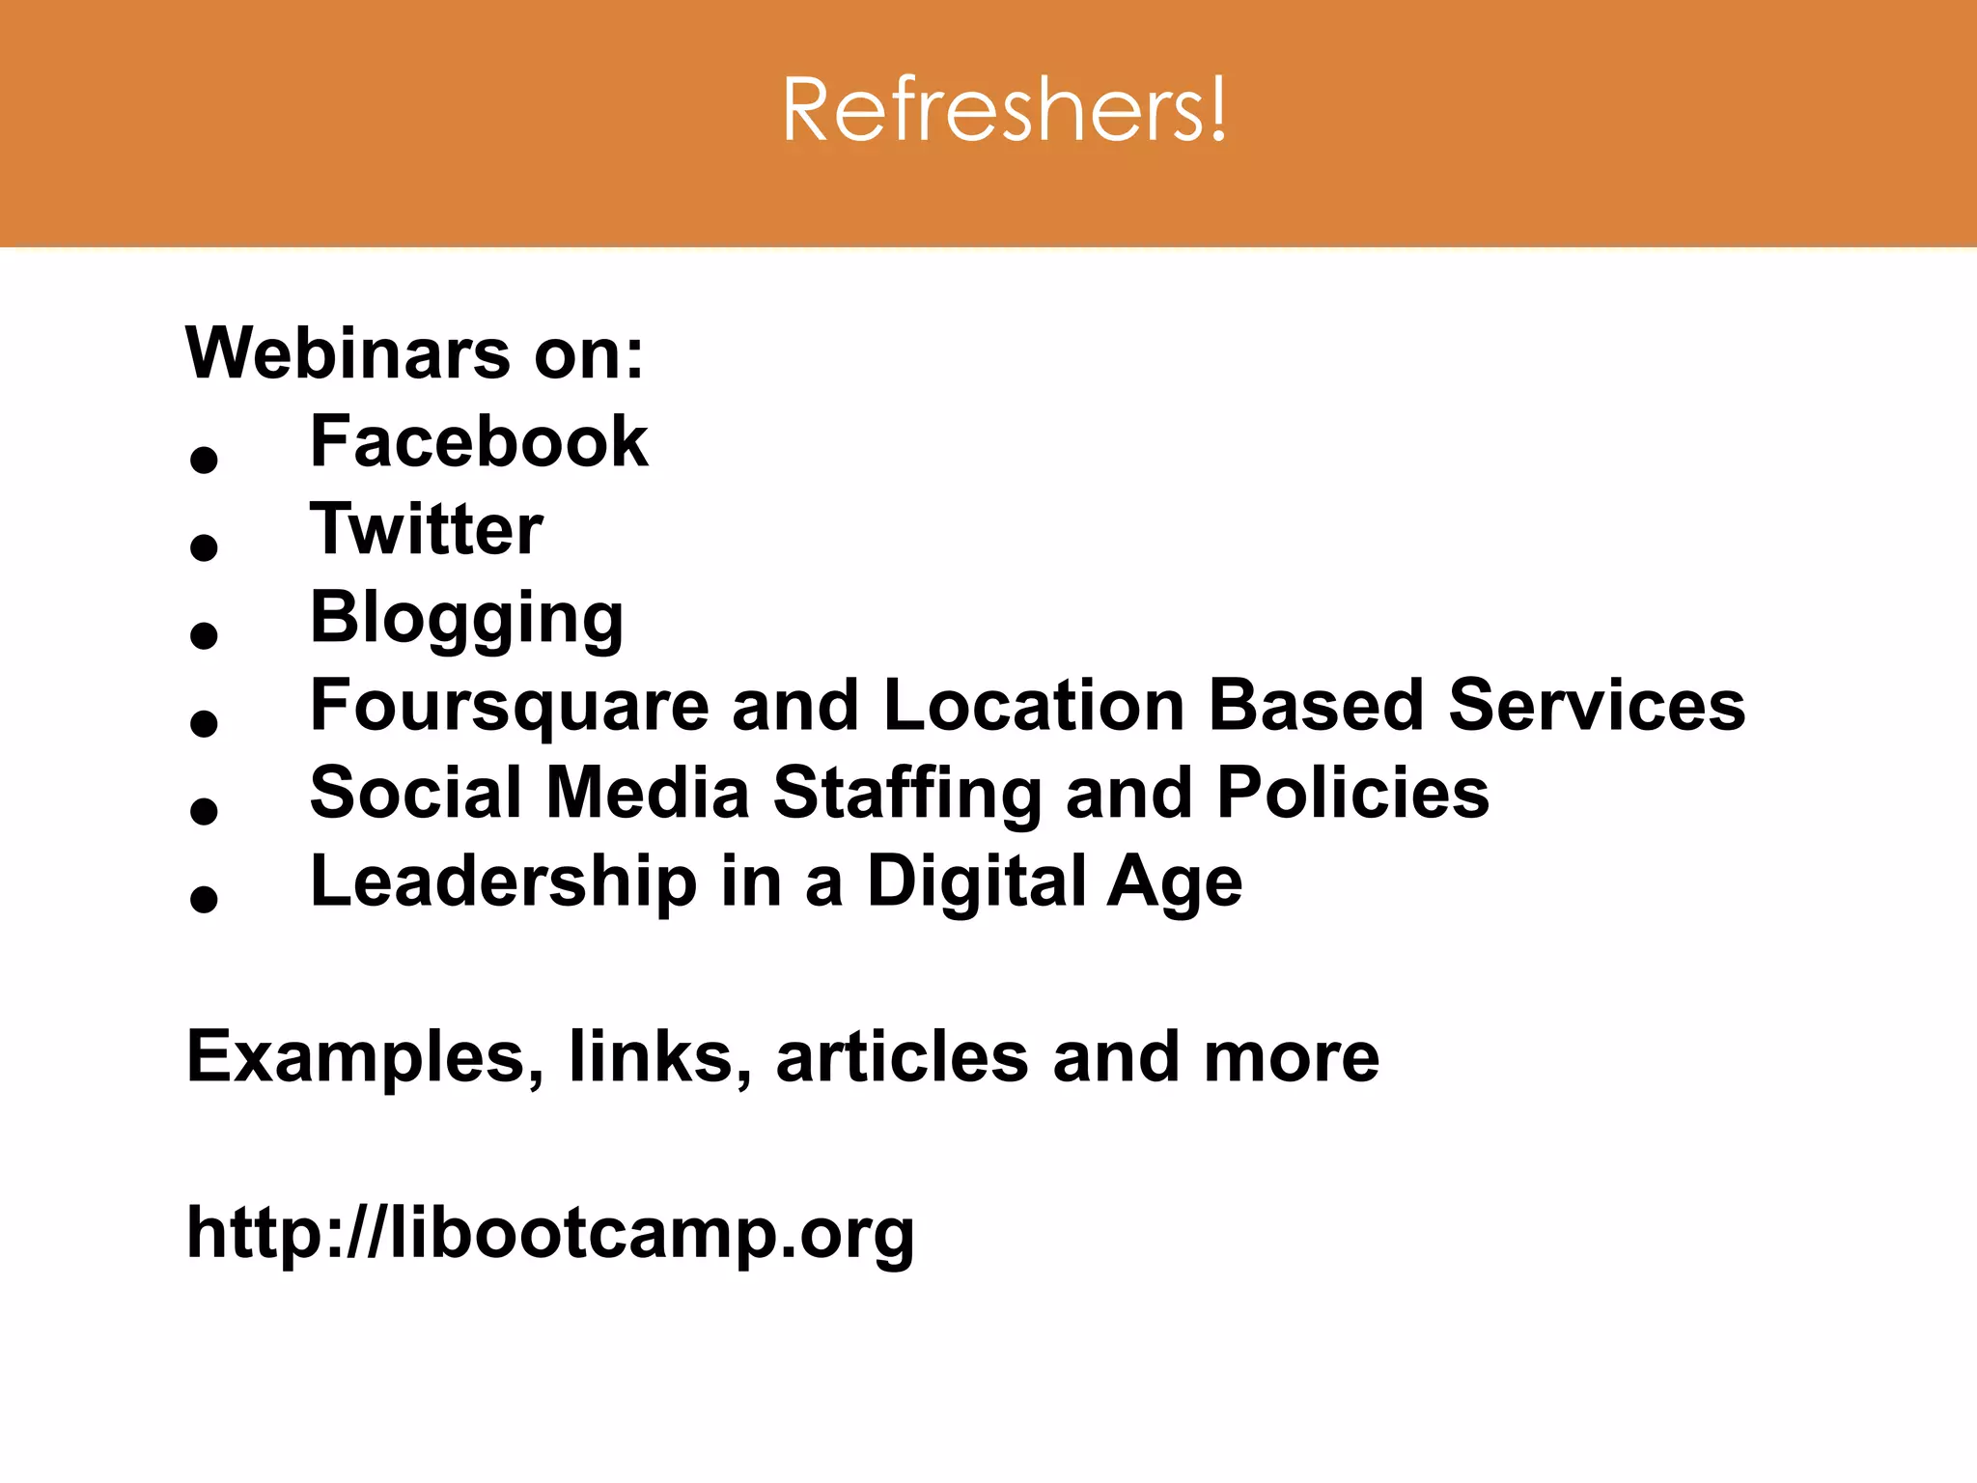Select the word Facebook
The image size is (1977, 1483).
click(x=479, y=442)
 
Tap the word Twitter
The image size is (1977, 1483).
click(x=426, y=530)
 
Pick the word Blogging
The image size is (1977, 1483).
click(x=466, y=618)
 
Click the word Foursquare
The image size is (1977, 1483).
click(x=510, y=705)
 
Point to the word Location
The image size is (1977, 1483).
click(x=1034, y=705)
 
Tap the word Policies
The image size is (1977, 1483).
click(x=1352, y=793)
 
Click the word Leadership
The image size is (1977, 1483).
click(x=503, y=881)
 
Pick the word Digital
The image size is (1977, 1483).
click(x=976, y=881)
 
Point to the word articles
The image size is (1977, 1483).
click(x=902, y=1057)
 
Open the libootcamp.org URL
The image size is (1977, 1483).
click(x=550, y=1233)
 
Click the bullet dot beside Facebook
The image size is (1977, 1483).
click(x=204, y=460)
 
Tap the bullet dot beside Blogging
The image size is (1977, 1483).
click(x=204, y=635)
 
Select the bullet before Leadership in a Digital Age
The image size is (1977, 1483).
click(x=204, y=899)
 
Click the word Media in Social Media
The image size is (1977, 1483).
click(x=648, y=793)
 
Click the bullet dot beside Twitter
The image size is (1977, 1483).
click(x=204, y=547)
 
